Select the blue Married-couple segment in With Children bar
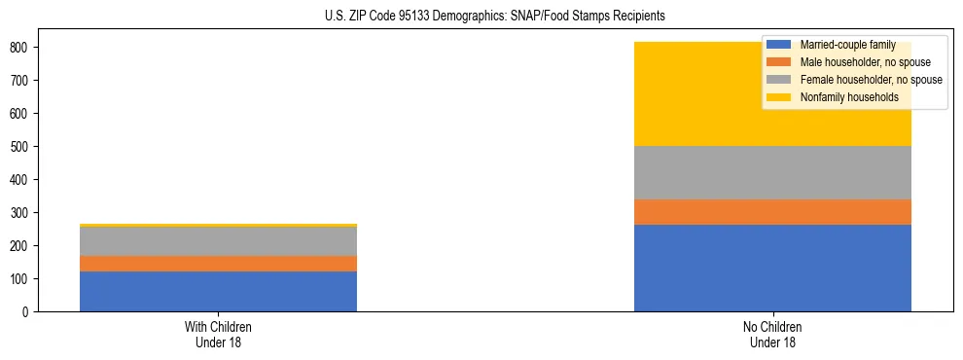pos(218,291)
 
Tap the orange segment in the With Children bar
pos(218,264)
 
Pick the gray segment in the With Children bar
pos(218,241)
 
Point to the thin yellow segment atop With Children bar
pos(218,226)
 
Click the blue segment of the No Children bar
pos(772,268)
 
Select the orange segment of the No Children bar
pos(772,212)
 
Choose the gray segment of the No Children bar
pos(772,172)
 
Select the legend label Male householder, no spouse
pos(865,62)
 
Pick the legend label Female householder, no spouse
pos(871,80)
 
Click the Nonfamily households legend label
pos(849,97)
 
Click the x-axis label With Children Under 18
pos(218,335)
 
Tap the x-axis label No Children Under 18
pos(772,335)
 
